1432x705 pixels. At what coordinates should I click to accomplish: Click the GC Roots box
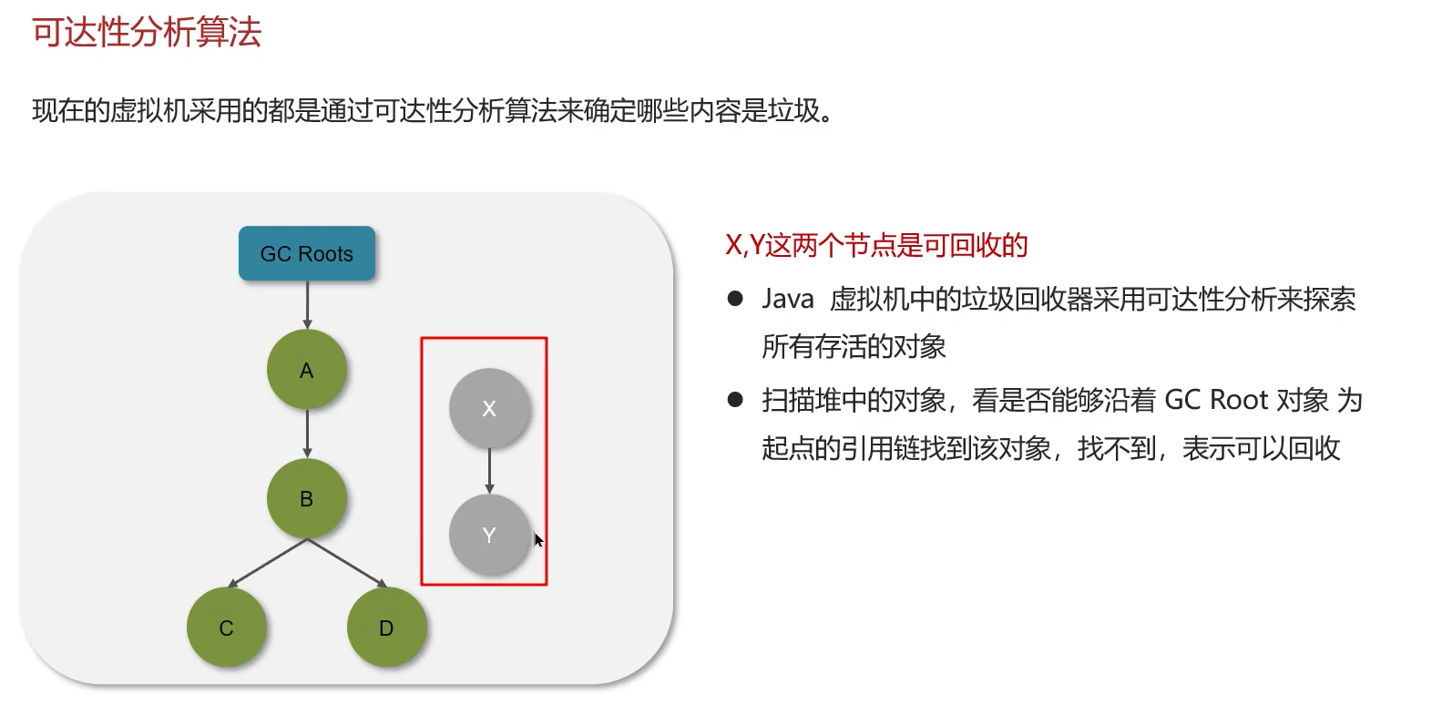307,253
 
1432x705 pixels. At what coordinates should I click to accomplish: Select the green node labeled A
307,370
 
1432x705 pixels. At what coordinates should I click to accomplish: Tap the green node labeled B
307,498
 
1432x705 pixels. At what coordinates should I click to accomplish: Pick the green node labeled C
227,628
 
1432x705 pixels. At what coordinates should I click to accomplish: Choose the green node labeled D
386,628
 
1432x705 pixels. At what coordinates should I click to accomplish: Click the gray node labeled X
489,408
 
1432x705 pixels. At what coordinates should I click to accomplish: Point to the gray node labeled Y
489,535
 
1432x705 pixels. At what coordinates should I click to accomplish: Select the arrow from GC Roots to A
307,304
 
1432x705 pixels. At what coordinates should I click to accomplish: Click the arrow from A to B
307,434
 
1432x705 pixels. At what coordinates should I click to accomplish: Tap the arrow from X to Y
489,471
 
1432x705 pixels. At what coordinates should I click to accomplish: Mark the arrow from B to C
268,563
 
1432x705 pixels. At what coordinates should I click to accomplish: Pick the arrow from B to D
347,563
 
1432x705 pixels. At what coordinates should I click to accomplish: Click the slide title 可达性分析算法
147,33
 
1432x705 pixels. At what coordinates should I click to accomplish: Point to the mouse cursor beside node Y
538,540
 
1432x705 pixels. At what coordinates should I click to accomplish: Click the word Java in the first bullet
788,299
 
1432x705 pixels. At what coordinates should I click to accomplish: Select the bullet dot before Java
735,299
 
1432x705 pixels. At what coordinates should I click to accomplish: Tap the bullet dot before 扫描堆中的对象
735,400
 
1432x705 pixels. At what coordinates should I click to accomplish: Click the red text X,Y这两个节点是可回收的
876,245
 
